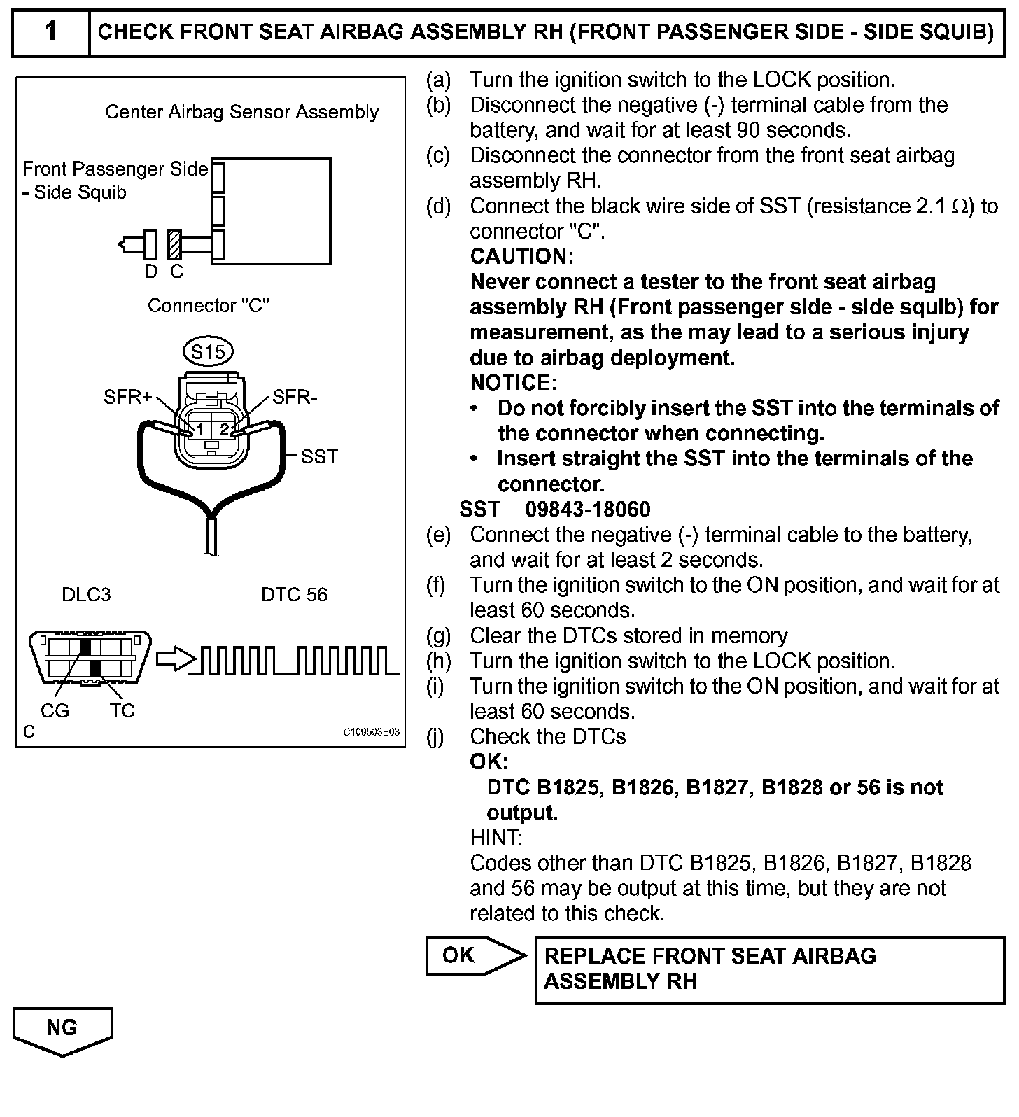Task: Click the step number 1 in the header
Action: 50,31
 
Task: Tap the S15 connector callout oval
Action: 208,351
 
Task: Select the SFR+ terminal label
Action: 128,398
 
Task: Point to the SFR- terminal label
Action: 295,398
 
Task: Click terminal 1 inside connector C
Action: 199,428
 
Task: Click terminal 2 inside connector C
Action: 224,428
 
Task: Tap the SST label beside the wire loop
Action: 319,456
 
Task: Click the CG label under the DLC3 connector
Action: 55,711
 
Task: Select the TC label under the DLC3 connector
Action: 122,711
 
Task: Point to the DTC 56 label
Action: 294,595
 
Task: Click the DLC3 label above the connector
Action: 86,595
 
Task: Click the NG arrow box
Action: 62,1030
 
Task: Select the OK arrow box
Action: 472,955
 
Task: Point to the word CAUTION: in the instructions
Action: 521,257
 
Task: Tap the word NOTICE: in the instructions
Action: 513,383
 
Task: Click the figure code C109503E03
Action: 371,732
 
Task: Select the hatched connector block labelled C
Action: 175,244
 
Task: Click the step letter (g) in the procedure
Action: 439,636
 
